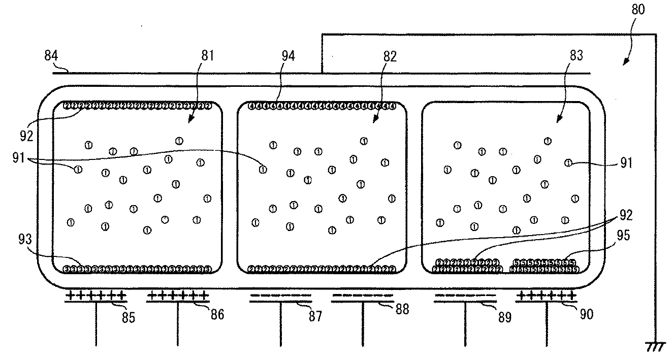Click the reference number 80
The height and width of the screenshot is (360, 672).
[638, 10]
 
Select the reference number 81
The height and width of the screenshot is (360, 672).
[207, 55]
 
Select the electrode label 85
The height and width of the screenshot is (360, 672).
[128, 319]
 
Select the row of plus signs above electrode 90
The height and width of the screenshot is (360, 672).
[546, 295]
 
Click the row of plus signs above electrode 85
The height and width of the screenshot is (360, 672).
[95, 295]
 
